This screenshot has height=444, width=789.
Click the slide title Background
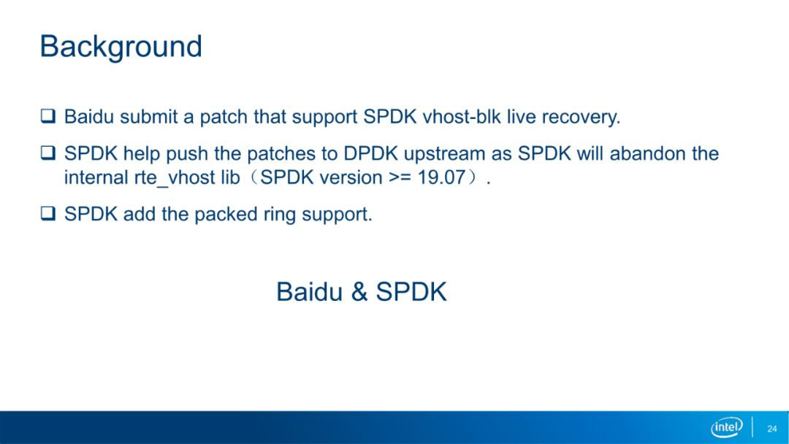[121, 47]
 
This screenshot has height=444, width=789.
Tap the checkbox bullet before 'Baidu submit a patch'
[48, 116]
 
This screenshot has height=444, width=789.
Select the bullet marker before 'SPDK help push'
[48, 153]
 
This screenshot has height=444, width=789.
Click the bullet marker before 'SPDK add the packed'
[48, 213]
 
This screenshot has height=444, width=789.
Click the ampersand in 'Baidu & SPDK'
[359, 291]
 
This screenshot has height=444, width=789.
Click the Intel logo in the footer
[727, 427]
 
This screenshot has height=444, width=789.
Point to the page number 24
[772, 429]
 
